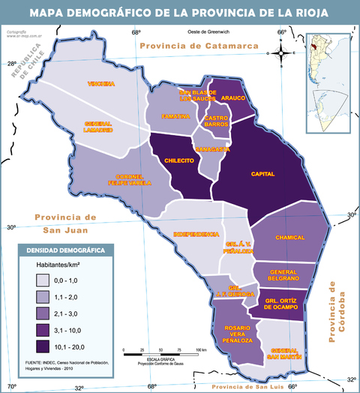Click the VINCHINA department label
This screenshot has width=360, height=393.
point(100,83)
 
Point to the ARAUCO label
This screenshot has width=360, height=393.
point(233,97)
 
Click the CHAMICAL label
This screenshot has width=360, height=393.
point(289,237)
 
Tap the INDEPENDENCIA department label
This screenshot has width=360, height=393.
point(196,234)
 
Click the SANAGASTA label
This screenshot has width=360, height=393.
point(211,149)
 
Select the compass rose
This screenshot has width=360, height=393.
point(281,52)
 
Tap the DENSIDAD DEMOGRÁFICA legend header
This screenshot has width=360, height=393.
point(66,250)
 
